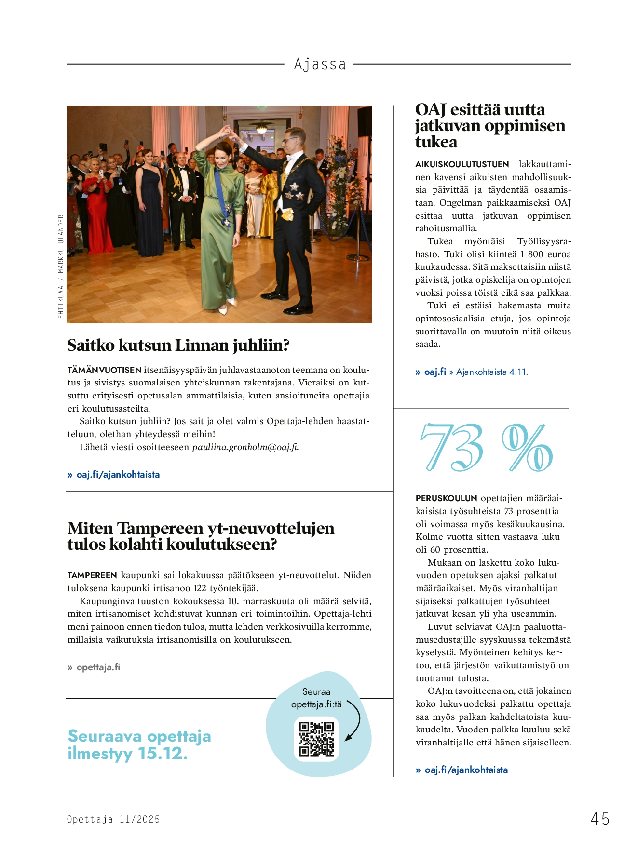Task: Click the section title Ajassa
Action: point(320,64)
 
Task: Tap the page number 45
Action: point(600,819)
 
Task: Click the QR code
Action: point(316,738)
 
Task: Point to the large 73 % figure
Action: point(486,448)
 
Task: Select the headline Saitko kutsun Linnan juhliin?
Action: point(178,345)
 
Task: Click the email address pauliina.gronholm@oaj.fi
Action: point(245,447)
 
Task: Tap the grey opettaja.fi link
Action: point(98,667)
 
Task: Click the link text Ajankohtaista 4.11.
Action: point(492,372)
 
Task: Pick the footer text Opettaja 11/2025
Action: point(113,819)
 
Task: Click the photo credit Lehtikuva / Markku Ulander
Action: point(61,268)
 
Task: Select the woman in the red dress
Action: point(98,212)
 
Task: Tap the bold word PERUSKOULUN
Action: point(446,498)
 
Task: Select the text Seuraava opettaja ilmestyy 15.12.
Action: point(139,744)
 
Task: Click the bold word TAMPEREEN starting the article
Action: point(92,575)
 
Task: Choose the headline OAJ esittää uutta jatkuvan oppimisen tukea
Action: point(489,126)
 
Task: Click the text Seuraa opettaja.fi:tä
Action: point(316,698)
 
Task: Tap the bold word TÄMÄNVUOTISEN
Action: point(104,370)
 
